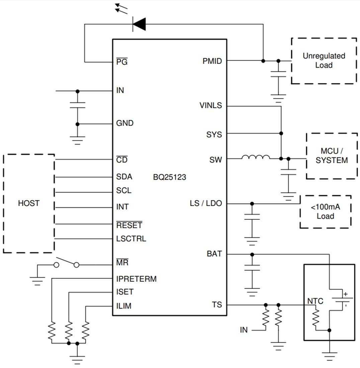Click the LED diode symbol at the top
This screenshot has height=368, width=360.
pos(139,24)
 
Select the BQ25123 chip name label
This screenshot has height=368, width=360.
pos(169,177)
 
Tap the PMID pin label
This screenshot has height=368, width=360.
pos(212,61)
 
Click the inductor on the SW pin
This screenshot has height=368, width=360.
pos(256,157)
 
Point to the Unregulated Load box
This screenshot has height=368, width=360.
pos(324,61)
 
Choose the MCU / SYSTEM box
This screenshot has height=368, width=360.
pos(332,156)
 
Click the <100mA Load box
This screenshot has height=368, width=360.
pos(325,212)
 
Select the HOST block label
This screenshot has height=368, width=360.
pos(28,203)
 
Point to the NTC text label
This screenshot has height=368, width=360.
pos(315,301)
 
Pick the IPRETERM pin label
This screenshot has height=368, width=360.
pos(136,279)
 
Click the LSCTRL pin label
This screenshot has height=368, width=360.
pos(131,239)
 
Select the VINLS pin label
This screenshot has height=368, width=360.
pos(210,105)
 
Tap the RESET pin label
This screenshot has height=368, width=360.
pos(129,225)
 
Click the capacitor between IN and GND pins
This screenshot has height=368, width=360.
pos(77,105)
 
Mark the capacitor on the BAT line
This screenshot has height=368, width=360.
pos(252,268)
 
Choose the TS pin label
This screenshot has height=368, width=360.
pos(216,305)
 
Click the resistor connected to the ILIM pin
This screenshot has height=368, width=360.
pos(86,331)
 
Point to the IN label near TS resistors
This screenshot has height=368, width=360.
pos(244,330)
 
